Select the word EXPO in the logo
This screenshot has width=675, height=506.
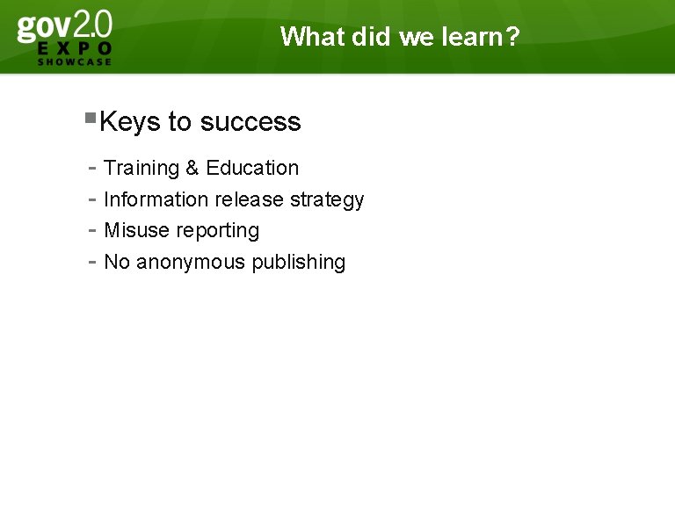pyautogui.click(x=75, y=48)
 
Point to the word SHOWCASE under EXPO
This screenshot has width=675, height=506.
pyautogui.click(x=75, y=61)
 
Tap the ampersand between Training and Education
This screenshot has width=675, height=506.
pyautogui.click(x=192, y=168)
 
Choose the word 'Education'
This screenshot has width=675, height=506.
pyautogui.click(x=252, y=168)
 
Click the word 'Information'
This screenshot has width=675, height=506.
pyautogui.click(x=156, y=199)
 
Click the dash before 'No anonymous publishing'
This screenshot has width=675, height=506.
pyautogui.click(x=92, y=262)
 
